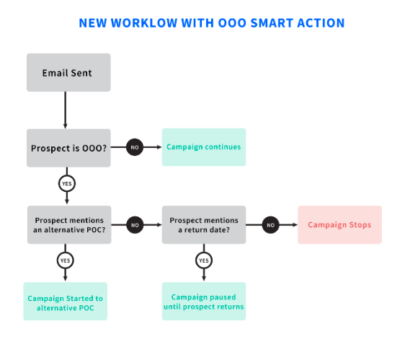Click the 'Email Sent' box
pyautogui.click(x=68, y=72)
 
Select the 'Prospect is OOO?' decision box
pyautogui.click(x=68, y=148)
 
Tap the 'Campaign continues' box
pyautogui.click(x=204, y=147)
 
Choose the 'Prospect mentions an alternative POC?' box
pyautogui.click(x=69, y=225)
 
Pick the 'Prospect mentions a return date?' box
pyautogui.click(x=204, y=225)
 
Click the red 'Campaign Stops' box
pyautogui.click(x=339, y=225)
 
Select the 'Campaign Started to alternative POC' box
pyautogui.click(x=66, y=302)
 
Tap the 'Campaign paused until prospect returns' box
pyautogui.click(x=204, y=302)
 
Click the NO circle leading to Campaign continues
pyautogui.click(x=135, y=147)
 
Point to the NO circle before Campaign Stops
pyautogui.click(x=270, y=225)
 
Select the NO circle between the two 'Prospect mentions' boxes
pyautogui.click(x=135, y=225)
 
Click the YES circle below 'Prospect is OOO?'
pyautogui.click(x=67, y=184)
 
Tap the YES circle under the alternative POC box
pyautogui.click(x=66, y=260)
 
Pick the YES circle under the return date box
pyautogui.click(x=204, y=260)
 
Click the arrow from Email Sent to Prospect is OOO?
pyautogui.click(x=66, y=110)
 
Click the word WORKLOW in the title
pyautogui.click(x=144, y=23)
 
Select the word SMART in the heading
pyautogui.click(x=272, y=23)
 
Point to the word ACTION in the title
pyautogui.click(x=321, y=23)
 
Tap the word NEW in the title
pyautogui.click(x=93, y=23)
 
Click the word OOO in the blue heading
pyautogui.click(x=232, y=23)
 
